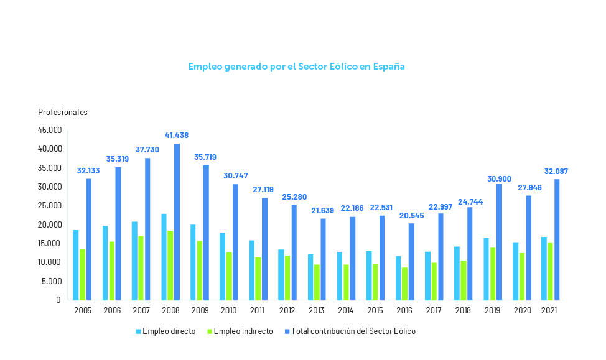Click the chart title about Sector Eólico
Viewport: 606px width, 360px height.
click(x=296, y=66)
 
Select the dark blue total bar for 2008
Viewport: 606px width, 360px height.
click(x=177, y=222)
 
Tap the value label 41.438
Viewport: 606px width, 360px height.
click(x=177, y=135)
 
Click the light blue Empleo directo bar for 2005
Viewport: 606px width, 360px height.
click(x=76, y=265)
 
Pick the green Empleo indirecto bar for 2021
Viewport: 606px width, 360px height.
click(x=551, y=271)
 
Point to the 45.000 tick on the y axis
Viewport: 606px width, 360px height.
click(x=50, y=131)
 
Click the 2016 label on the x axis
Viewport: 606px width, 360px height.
click(x=405, y=310)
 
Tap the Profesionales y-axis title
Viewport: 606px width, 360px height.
click(x=63, y=113)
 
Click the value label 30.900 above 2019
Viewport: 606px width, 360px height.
click(x=499, y=179)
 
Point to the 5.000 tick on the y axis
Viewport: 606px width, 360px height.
click(x=52, y=281)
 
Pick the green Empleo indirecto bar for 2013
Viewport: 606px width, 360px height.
click(x=317, y=282)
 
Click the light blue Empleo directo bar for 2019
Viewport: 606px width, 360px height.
click(x=486, y=269)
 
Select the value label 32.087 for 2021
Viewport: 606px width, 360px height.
click(x=556, y=172)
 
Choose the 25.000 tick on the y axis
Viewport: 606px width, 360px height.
click(x=50, y=206)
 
